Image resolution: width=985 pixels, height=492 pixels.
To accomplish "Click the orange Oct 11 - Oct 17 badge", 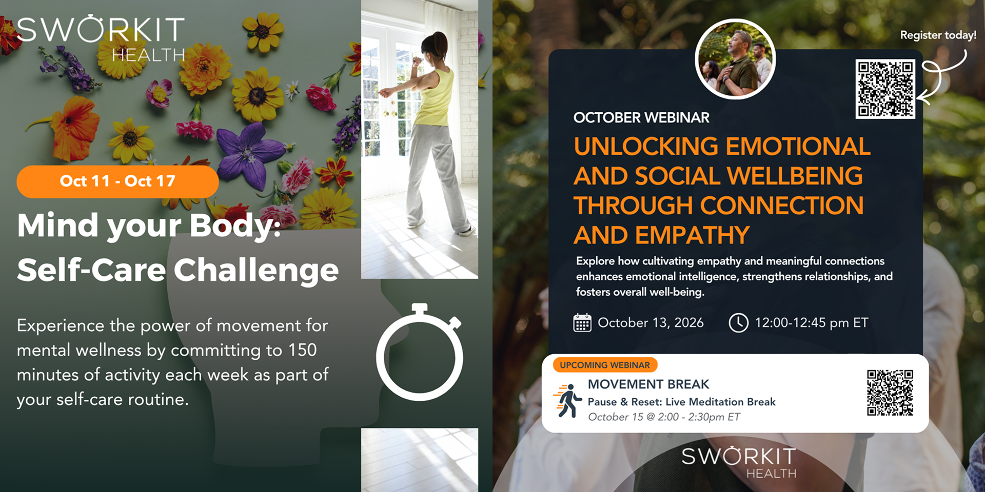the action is [117, 181].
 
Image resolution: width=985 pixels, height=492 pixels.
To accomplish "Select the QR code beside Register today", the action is [885, 89].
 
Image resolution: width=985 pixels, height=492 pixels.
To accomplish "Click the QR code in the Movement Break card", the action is [890, 393].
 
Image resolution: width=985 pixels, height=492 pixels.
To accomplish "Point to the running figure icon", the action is [567, 401].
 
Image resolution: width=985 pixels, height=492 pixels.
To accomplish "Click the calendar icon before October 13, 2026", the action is [582, 323].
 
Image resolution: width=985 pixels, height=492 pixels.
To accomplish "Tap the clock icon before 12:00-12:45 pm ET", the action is [739, 323].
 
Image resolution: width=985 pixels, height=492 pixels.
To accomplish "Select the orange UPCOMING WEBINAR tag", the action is [605, 365].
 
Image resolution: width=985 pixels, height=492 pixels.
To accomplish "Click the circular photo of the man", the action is [735, 59].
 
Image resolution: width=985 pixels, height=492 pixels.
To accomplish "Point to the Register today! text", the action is [938, 35].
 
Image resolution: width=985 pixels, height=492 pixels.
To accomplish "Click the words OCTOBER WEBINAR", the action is [641, 117].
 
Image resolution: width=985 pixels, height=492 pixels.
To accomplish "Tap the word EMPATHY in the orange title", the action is [693, 235].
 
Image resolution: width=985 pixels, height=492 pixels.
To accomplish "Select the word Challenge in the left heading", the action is [256, 270].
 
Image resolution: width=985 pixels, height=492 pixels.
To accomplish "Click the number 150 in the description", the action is [303, 350].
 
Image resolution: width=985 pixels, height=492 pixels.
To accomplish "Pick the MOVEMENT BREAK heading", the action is [648, 384].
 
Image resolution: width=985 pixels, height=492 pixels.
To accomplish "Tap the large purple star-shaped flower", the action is [250, 152].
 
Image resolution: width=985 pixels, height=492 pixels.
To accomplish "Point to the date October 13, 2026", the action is [651, 323].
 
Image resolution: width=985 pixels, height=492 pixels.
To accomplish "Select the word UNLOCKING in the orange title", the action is [646, 147].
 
